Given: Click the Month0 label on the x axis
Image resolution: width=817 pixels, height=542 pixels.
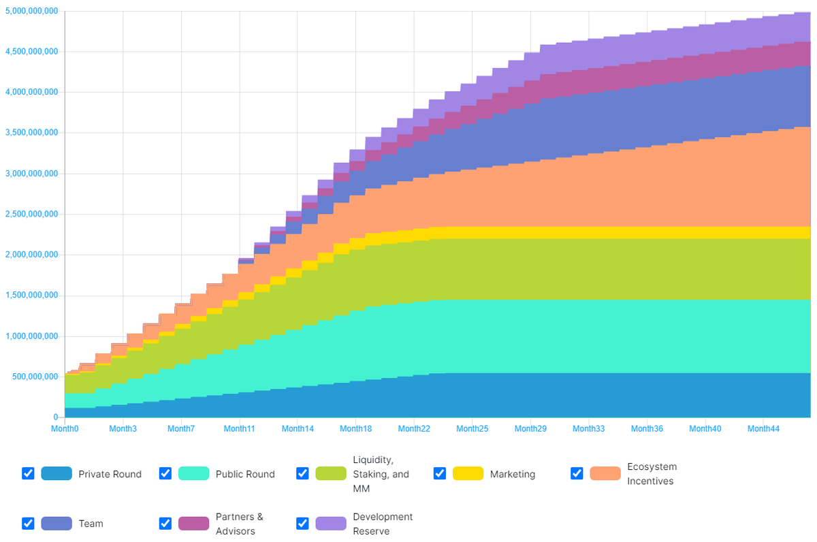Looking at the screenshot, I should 65,429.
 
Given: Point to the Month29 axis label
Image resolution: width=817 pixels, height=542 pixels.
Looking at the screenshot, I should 530,429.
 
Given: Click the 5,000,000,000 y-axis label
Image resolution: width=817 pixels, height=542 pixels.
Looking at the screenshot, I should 31,11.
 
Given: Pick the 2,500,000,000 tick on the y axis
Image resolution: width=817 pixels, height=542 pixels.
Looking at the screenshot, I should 31,214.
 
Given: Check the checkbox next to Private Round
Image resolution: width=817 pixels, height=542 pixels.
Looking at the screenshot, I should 28,473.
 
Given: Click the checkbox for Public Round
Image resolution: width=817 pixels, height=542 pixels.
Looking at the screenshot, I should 165,473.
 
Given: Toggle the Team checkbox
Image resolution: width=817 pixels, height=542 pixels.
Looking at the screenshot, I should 28,523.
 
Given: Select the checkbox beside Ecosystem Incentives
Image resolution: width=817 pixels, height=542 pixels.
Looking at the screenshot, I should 577,473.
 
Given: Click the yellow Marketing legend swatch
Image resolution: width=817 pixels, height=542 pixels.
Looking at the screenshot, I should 468,473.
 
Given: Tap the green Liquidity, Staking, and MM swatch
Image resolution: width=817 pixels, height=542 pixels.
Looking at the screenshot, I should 330,473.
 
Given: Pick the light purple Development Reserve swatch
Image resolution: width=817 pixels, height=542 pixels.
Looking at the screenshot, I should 330,523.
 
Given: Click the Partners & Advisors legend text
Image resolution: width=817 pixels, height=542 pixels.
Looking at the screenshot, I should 239,524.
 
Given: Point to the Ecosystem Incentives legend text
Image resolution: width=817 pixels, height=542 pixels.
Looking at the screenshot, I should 652,474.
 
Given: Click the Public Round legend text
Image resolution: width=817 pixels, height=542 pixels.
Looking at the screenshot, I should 245,474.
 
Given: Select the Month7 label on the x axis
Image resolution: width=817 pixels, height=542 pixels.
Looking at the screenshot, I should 181,429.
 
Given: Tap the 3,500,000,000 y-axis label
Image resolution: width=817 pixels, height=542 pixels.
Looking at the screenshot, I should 31,133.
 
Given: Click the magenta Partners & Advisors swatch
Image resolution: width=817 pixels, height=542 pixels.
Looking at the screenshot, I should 193,523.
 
